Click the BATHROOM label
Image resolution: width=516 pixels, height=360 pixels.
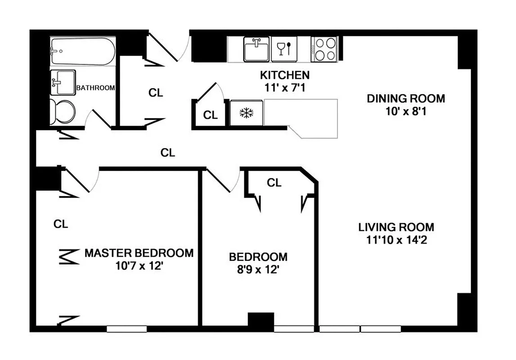(95, 88)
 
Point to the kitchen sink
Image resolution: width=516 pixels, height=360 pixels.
(257, 49)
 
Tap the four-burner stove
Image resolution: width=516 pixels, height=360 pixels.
(325, 49)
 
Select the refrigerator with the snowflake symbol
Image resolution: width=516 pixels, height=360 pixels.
(246, 113)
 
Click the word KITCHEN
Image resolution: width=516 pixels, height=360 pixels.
(285, 75)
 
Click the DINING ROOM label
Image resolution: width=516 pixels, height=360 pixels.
(406, 98)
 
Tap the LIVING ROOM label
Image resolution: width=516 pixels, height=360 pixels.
(396, 227)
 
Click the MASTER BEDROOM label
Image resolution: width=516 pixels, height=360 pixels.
(139, 253)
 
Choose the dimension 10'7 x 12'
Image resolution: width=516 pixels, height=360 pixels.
(139, 265)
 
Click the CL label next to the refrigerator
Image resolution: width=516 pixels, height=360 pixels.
(210, 115)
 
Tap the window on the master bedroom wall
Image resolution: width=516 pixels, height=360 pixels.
(127, 329)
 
